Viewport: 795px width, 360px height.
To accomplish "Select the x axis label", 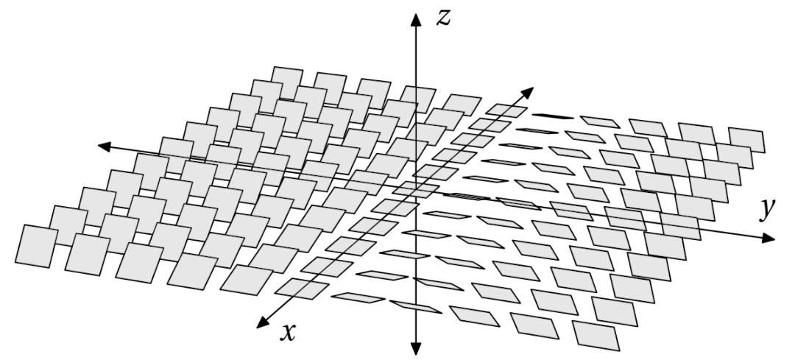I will tap(288, 333).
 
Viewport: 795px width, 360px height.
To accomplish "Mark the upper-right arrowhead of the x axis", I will tap(529, 92).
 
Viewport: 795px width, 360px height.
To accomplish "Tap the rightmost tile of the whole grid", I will tap(746, 140).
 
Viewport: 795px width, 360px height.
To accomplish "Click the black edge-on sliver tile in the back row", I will tap(554, 116).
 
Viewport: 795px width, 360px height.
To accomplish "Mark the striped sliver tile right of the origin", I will tap(467, 197).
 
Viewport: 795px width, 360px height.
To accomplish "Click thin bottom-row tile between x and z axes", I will tap(358, 297).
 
